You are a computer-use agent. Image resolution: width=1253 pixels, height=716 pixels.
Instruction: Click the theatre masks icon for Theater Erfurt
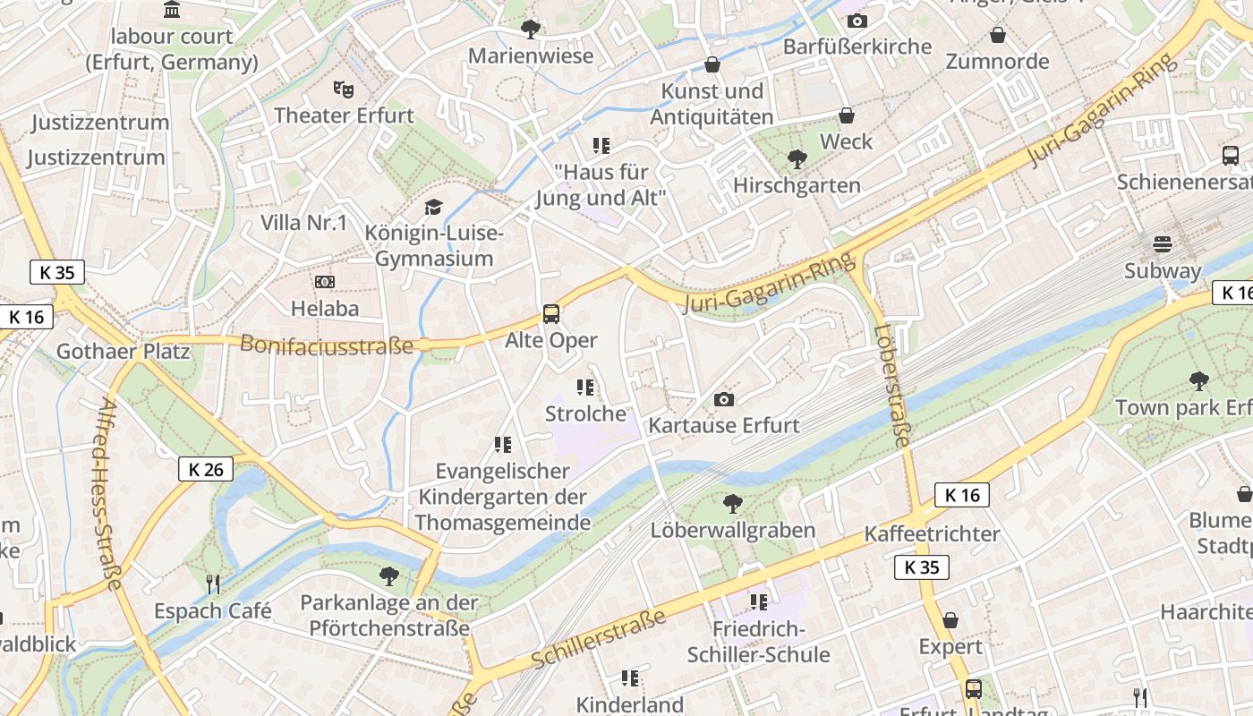click(343, 89)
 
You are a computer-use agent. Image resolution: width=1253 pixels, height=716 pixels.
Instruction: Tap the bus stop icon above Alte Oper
click(551, 314)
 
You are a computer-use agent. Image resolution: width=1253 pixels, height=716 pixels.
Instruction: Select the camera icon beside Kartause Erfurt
click(723, 399)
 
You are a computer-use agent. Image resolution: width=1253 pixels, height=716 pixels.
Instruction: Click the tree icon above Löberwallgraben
click(732, 504)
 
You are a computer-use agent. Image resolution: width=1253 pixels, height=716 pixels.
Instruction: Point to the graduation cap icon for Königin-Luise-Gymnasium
click(433, 208)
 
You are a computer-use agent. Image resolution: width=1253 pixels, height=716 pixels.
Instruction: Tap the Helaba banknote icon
click(325, 282)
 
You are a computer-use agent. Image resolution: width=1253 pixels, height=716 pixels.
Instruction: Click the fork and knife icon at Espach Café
click(213, 584)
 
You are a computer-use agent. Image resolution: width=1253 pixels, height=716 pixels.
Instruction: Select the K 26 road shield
click(206, 469)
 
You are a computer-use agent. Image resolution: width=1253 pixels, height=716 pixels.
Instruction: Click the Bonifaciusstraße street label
click(327, 344)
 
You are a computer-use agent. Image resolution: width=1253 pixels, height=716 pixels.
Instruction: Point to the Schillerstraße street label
click(599, 638)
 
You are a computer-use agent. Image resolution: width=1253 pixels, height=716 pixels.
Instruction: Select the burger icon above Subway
click(1162, 243)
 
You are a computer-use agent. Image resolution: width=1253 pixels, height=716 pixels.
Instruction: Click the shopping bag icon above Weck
click(846, 115)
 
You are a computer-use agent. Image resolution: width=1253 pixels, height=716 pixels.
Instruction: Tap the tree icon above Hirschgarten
click(796, 159)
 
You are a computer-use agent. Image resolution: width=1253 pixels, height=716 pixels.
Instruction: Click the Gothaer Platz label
click(124, 351)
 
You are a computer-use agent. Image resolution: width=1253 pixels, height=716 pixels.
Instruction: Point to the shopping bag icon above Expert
click(950, 620)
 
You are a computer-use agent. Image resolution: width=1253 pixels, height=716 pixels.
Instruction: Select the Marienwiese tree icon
click(531, 29)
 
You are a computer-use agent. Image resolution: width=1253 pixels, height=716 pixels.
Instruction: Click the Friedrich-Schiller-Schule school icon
click(758, 602)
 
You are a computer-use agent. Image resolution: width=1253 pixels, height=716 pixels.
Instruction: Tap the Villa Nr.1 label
click(303, 223)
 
